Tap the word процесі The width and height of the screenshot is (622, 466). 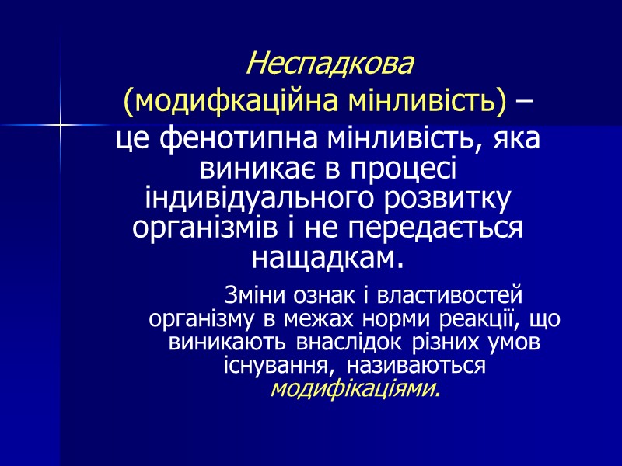(406, 169)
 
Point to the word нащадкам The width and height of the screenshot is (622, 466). (329, 257)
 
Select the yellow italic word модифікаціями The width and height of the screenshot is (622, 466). (355, 388)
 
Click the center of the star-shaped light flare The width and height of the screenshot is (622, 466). (60, 124)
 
